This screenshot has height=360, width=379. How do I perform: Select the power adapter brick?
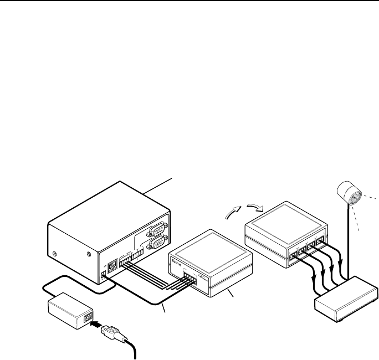click(69, 308)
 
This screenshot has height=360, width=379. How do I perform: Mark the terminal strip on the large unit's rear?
click(131, 258)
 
